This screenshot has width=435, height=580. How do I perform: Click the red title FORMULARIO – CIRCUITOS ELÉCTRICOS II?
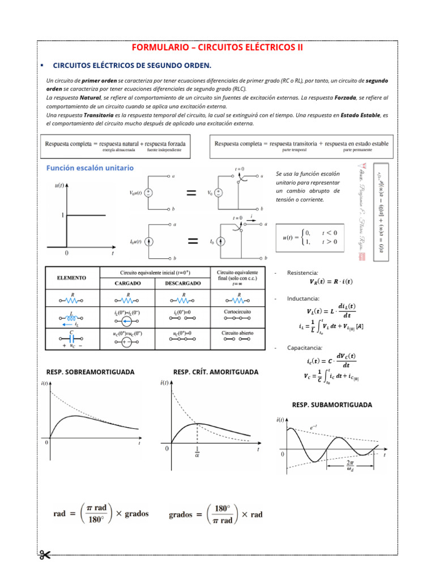click(217, 48)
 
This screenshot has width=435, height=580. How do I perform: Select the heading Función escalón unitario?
click(90, 168)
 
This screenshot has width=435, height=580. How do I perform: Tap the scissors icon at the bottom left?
click(45, 554)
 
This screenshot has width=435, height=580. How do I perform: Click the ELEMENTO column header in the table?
click(71, 278)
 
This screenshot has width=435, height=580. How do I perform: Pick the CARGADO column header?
click(128, 283)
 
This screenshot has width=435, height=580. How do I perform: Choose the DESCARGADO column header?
click(183, 283)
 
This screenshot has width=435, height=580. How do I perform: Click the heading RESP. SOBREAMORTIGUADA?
click(90, 372)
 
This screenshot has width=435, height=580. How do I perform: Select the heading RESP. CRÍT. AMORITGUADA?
click(215, 372)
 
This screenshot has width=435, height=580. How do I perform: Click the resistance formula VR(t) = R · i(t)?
click(331, 282)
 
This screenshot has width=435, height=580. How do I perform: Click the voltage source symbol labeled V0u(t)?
click(148, 193)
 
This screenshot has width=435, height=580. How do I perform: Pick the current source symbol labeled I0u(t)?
click(148, 241)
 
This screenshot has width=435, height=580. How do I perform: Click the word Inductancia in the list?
click(304, 298)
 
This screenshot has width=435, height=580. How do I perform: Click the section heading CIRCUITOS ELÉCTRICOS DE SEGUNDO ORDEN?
click(131, 66)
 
